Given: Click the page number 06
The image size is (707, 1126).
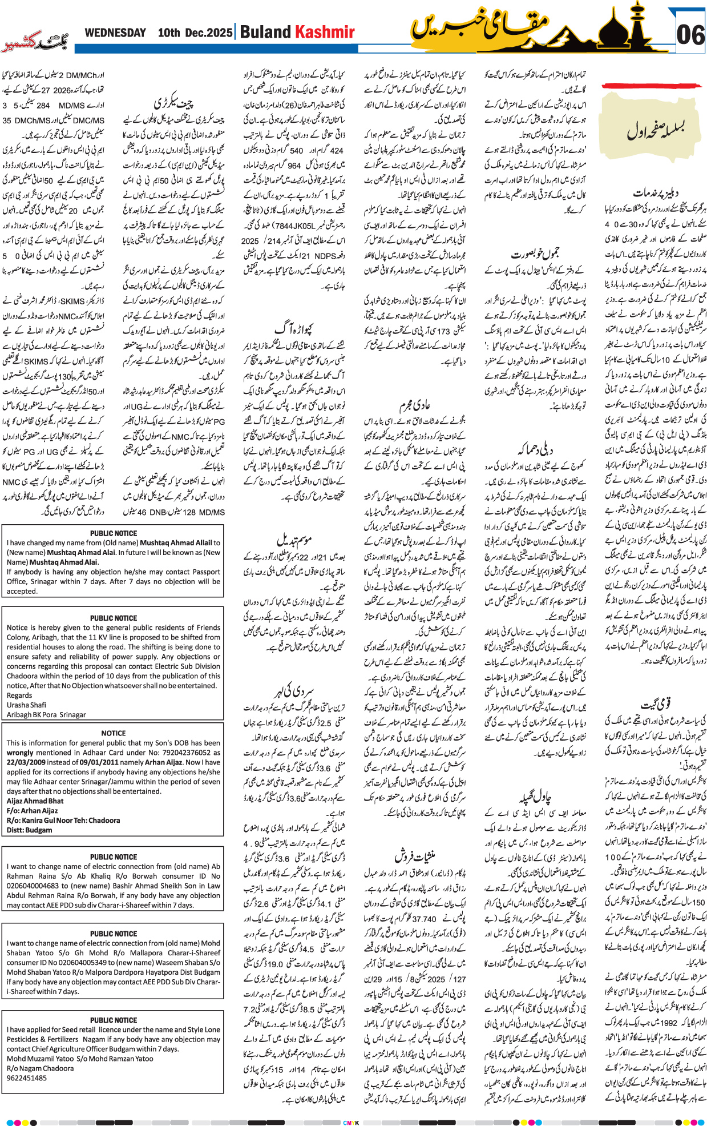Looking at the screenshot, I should (x=690, y=35).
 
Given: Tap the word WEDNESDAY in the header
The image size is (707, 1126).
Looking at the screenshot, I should (x=115, y=33).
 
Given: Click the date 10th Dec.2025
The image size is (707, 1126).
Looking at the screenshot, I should (x=195, y=33).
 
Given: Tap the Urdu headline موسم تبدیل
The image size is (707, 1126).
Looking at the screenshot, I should (x=294, y=539).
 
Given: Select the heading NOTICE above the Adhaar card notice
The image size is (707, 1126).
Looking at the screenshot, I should (x=113, y=733).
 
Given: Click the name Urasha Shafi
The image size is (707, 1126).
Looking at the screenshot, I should (x=26, y=705).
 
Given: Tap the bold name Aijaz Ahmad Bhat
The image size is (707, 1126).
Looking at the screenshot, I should (x=35, y=801).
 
